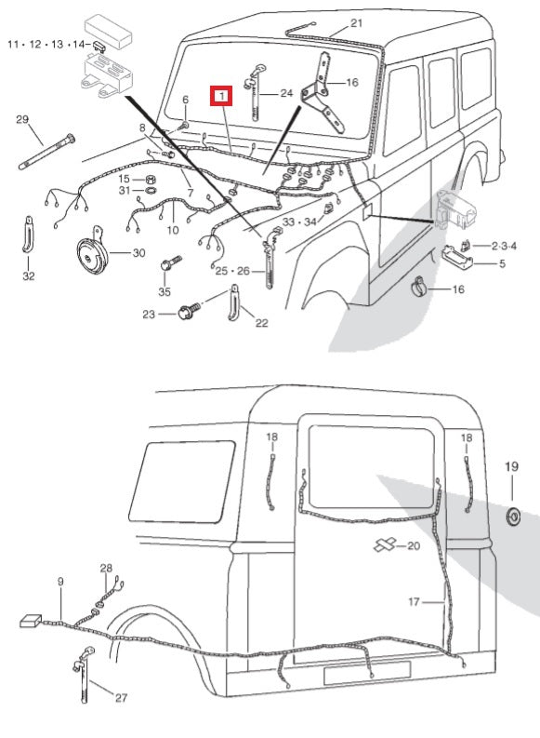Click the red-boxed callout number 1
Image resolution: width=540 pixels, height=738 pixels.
221,96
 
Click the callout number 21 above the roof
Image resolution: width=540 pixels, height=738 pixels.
357,23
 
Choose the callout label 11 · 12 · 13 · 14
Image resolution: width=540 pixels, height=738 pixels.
47,44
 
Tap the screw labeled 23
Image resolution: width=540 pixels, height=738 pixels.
186,314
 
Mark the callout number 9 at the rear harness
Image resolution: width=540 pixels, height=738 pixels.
61,582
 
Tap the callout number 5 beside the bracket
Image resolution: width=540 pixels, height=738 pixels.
503,263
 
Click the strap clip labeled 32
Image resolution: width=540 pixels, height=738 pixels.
29,234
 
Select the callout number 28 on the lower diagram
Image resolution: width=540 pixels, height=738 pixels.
106,568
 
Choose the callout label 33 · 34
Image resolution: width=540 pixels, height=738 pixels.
298,221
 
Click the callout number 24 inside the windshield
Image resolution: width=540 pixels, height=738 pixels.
285,93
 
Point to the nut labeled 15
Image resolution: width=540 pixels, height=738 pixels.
150,178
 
